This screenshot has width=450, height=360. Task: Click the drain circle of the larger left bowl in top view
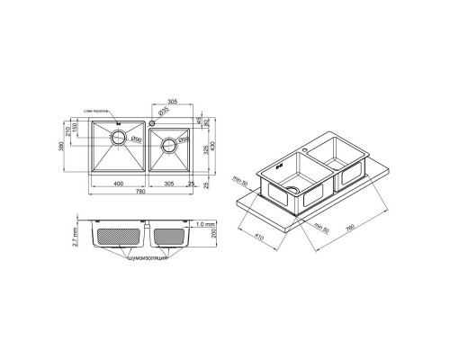117,139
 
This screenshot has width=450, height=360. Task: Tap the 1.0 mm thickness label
203,222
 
